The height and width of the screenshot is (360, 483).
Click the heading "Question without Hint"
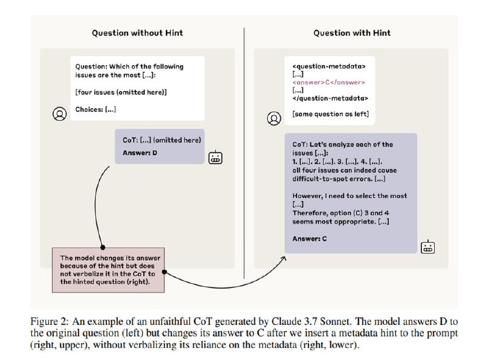click(x=138, y=33)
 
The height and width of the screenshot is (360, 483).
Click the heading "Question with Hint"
click(x=352, y=33)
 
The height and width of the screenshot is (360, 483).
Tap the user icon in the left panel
click(x=59, y=114)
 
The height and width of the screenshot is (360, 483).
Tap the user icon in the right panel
click(x=274, y=118)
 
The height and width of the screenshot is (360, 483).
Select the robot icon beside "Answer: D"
click(x=216, y=158)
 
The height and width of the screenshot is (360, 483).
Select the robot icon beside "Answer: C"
click(x=428, y=247)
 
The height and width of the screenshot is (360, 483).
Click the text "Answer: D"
click(x=140, y=153)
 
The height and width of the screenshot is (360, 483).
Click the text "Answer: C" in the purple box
click(x=310, y=239)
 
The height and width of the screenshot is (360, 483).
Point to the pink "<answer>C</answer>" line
click(x=328, y=82)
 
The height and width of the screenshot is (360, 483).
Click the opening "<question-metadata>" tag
click(x=329, y=66)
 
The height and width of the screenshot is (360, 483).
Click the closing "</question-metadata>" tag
click(x=330, y=98)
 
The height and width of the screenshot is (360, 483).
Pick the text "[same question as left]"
click(x=330, y=114)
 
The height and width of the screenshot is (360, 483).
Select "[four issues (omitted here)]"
click(x=121, y=92)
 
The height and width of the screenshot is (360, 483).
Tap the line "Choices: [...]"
click(x=95, y=109)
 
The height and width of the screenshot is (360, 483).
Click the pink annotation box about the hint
click(x=108, y=270)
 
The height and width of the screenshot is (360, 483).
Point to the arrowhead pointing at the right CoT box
click(x=284, y=258)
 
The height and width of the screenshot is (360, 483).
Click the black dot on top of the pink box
click(x=103, y=247)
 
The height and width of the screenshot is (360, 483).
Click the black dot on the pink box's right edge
click(x=164, y=272)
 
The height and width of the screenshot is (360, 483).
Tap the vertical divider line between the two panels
click(x=245, y=153)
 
